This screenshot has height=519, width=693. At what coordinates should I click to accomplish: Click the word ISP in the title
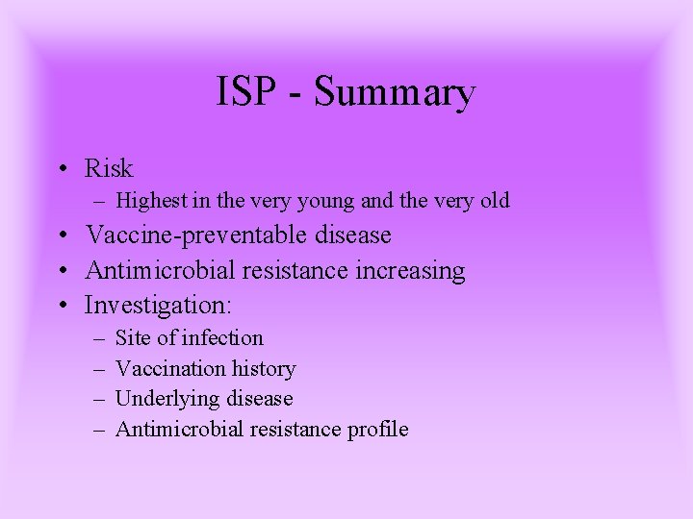(245, 92)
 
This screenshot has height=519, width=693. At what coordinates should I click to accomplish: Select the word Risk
(109, 168)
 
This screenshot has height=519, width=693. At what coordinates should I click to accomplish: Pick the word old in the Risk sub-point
(493, 201)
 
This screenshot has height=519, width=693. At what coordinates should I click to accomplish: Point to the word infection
(222, 337)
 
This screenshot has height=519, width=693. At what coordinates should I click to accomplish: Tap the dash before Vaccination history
(98, 368)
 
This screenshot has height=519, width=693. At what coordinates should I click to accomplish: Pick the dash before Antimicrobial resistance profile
(98, 430)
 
